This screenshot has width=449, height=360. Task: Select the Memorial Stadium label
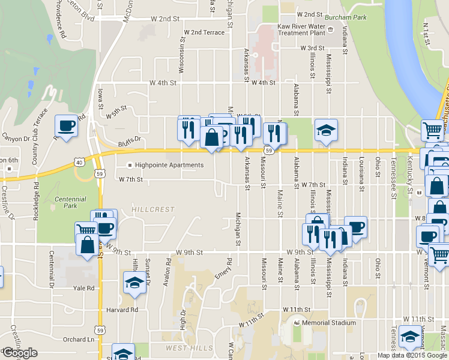325,323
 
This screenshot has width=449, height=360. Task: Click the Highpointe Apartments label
169,165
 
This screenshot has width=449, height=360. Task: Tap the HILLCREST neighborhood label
153,209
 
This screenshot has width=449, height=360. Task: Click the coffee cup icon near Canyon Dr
66,127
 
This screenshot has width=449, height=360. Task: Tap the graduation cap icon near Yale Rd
134,282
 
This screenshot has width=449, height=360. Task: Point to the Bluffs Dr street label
129,139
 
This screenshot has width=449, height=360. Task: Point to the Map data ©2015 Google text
412,355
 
